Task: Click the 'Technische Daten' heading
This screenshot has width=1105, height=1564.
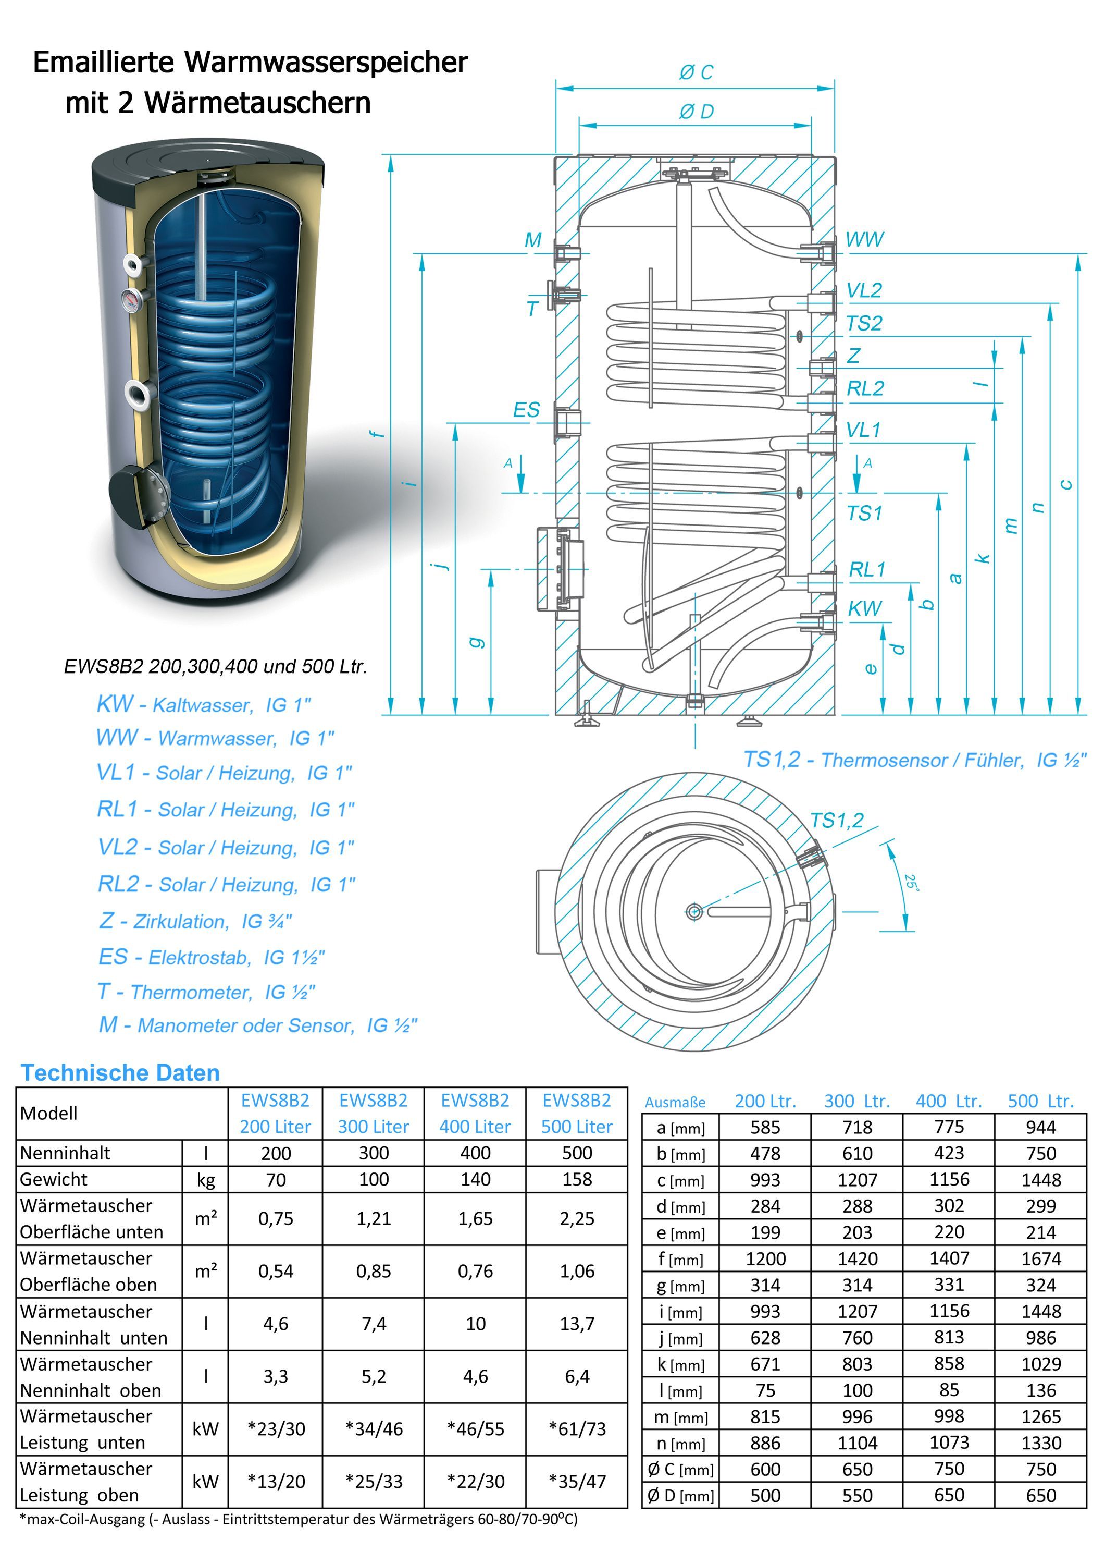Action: (x=120, y=1073)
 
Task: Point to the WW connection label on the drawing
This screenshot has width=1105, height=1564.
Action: (x=864, y=240)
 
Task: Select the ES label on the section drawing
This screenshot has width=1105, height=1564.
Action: (x=526, y=410)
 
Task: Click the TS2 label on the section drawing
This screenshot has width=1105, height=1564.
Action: (x=863, y=324)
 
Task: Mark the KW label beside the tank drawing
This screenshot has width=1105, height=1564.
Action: (x=864, y=608)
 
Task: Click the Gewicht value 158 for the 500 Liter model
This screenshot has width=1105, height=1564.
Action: (x=577, y=1179)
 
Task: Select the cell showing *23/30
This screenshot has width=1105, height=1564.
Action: (x=276, y=1428)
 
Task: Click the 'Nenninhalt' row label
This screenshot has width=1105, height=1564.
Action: (x=65, y=1153)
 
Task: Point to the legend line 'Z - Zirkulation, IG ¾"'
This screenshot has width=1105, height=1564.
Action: (x=195, y=921)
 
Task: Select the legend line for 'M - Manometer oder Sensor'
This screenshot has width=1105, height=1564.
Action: (x=258, y=1025)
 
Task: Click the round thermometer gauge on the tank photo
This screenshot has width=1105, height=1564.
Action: (x=132, y=298)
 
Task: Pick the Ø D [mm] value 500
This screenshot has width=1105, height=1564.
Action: (x=765, y=1495)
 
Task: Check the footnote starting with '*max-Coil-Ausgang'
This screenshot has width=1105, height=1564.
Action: (x=298, y=1518)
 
